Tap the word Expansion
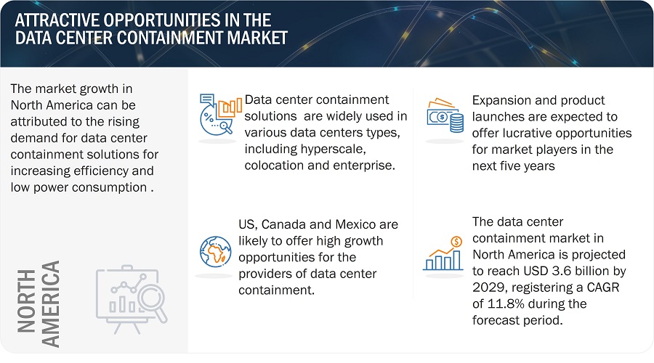[x=504, y=99]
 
